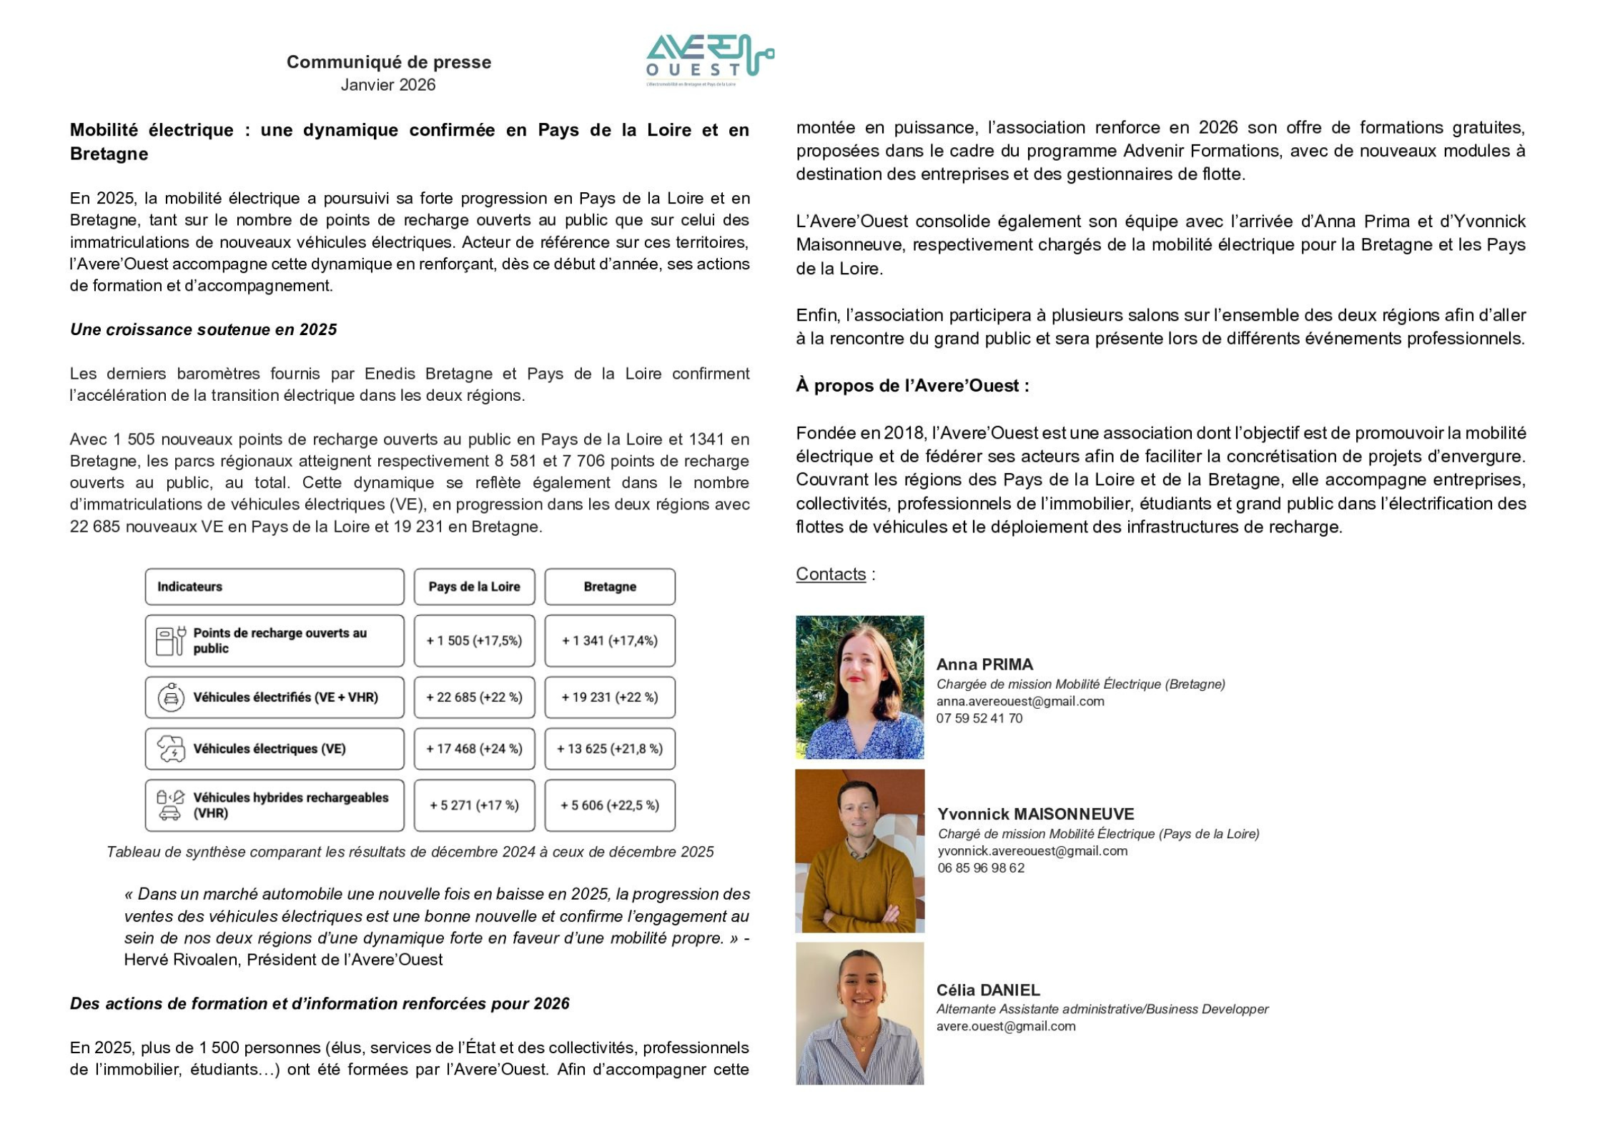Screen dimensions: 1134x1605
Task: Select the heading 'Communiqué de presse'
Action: tap(389, 62)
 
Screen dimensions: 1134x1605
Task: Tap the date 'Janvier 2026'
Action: tap(388, 85)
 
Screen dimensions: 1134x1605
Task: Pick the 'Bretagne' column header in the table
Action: tap(610, 587)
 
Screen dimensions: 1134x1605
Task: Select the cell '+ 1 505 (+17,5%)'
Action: tap(474, 641)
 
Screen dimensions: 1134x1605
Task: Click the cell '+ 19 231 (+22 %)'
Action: tap(610, 697)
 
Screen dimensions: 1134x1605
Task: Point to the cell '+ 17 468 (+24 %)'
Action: tap(474, 749)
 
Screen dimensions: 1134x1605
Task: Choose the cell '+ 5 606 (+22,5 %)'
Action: tap(610, 805)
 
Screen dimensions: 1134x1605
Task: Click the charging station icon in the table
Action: tap(171, 641)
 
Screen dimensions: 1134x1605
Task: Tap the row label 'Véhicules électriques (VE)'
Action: tap(270, 749)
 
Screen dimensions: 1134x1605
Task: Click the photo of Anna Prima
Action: tap(859, 687)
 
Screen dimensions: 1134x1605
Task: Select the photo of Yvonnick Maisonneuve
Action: tap(859, 850)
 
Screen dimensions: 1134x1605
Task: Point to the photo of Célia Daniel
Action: tap(859, 1013)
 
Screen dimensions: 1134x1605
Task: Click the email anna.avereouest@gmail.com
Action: tap(1020, 702)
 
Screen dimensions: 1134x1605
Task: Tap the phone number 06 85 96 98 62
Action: tap(981, 868)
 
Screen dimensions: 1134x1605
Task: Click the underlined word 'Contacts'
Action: tap(831, 575)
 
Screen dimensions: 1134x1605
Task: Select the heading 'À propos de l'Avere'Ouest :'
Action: tap(912, 386)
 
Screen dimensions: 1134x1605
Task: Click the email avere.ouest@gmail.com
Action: tap(1006, 1027)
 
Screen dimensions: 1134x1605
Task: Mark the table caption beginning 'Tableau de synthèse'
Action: tap(410, 852)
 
